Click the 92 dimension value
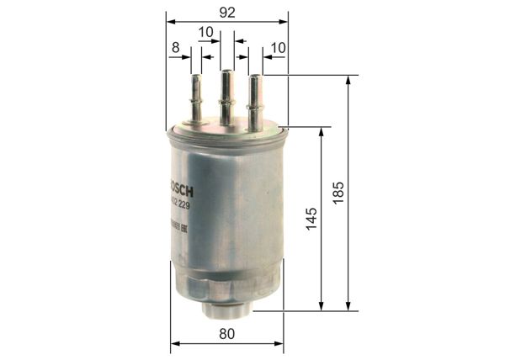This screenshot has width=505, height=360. tap(226, 12)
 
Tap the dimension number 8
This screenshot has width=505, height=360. tap(175, 49)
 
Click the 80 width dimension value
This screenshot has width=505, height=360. tap(226, 333)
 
